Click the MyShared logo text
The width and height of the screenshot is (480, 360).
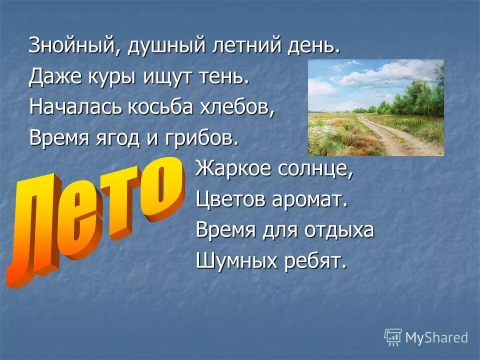point(436,337)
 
